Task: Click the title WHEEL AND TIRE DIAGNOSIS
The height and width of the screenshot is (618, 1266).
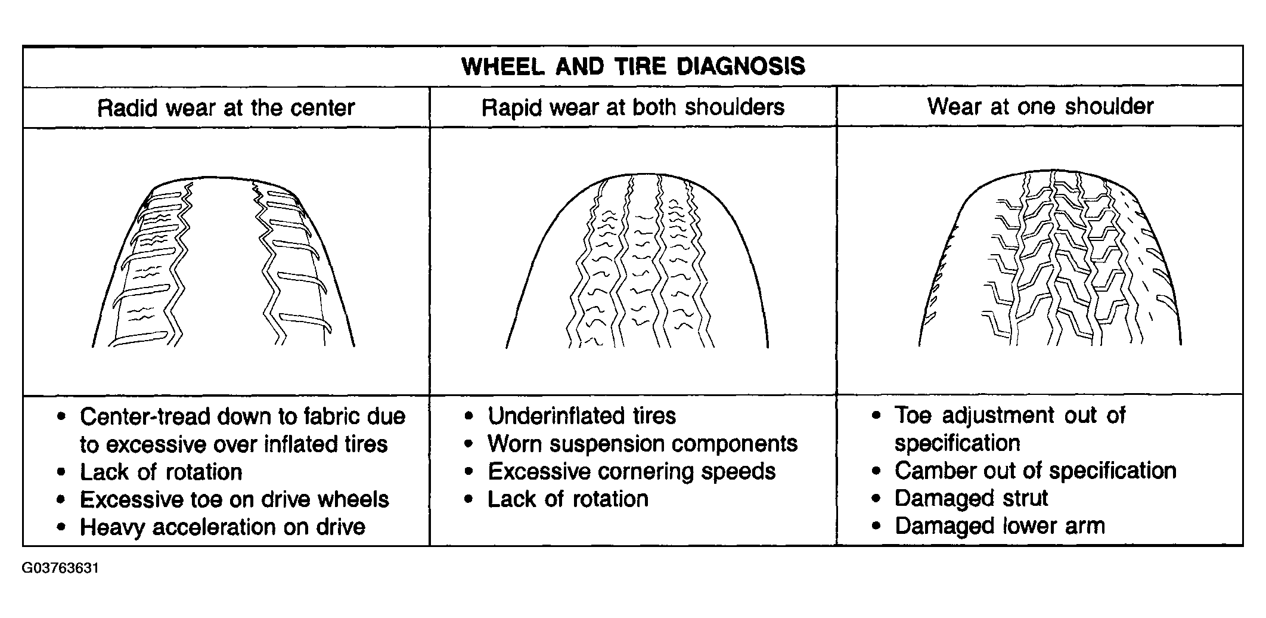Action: (633, 66)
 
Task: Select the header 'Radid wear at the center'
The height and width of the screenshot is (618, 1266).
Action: (226, 108)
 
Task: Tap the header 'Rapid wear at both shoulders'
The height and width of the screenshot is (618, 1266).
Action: (633, 107)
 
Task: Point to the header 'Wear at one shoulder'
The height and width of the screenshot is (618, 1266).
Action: (1040, 106)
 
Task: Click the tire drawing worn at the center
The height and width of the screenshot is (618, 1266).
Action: (224, 262)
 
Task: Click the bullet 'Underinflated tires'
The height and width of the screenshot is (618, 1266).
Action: (582, 416)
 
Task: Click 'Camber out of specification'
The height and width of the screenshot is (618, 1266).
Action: (1035, 471)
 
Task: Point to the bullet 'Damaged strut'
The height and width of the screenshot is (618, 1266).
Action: (971, 498)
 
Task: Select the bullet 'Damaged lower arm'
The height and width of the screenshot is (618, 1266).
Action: (1000, 526)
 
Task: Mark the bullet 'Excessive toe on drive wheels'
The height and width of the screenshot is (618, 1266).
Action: (234, 499)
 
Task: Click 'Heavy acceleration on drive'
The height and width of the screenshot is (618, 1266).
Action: (222, 527)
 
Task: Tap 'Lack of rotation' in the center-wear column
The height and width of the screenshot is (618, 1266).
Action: (161, 472)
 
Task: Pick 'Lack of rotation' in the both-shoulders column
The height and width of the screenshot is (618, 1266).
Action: (568, 499)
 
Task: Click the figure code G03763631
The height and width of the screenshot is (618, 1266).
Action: (60, 568)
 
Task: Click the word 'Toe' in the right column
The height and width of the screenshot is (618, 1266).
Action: (913, 416)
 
